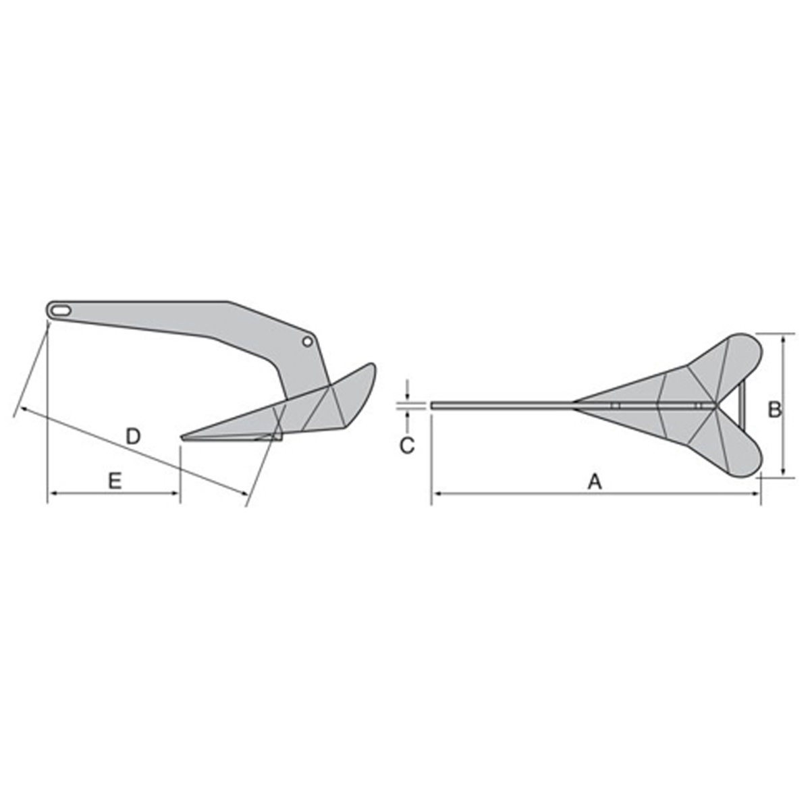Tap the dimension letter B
click(x=775, y=408)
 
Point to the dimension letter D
click(x=134, y=436)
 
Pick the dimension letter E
click(x=114, y=481)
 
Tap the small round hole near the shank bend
click(x=307, y=342)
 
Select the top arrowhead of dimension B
click(x=783, y=338)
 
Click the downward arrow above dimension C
click(x=408, y=397)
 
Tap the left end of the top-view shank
click(x=433, y=406)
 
